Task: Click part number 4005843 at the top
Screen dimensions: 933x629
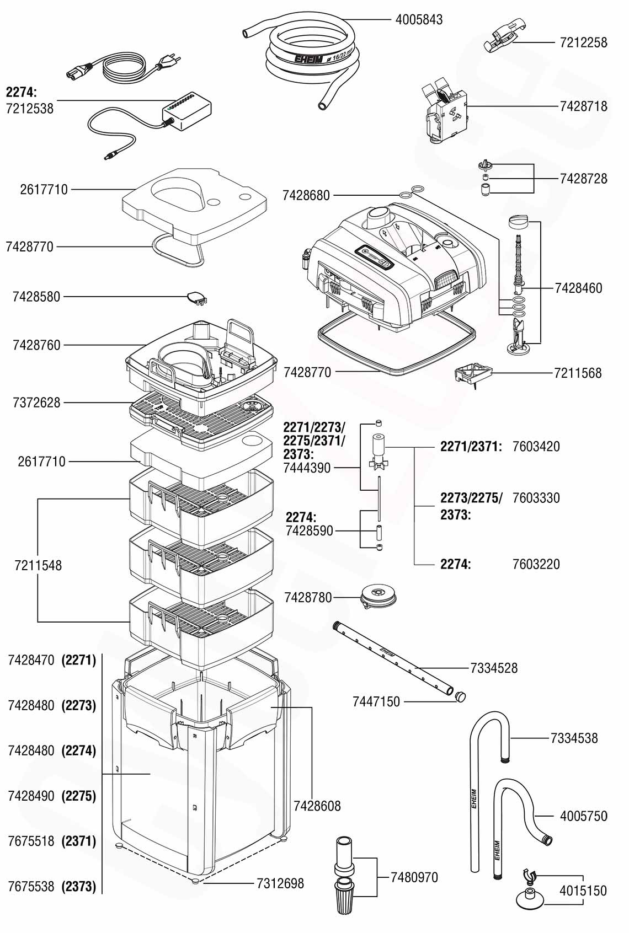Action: (x=419, y=20)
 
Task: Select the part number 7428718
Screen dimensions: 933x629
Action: (x=583, y=106)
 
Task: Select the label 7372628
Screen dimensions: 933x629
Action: (x=36, y=403)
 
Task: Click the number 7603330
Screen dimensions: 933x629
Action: (x=536, y=498)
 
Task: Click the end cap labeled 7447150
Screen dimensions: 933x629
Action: (x=460, y=696)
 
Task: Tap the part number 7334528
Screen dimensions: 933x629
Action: (x=494, y=668)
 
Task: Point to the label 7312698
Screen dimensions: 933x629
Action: (x=280, y=883)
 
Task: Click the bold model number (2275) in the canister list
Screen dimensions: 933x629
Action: (x=79, y=796)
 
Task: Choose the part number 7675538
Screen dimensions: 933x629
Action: (x=31, y=886)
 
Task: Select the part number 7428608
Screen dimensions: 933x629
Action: (x=317, y=806)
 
